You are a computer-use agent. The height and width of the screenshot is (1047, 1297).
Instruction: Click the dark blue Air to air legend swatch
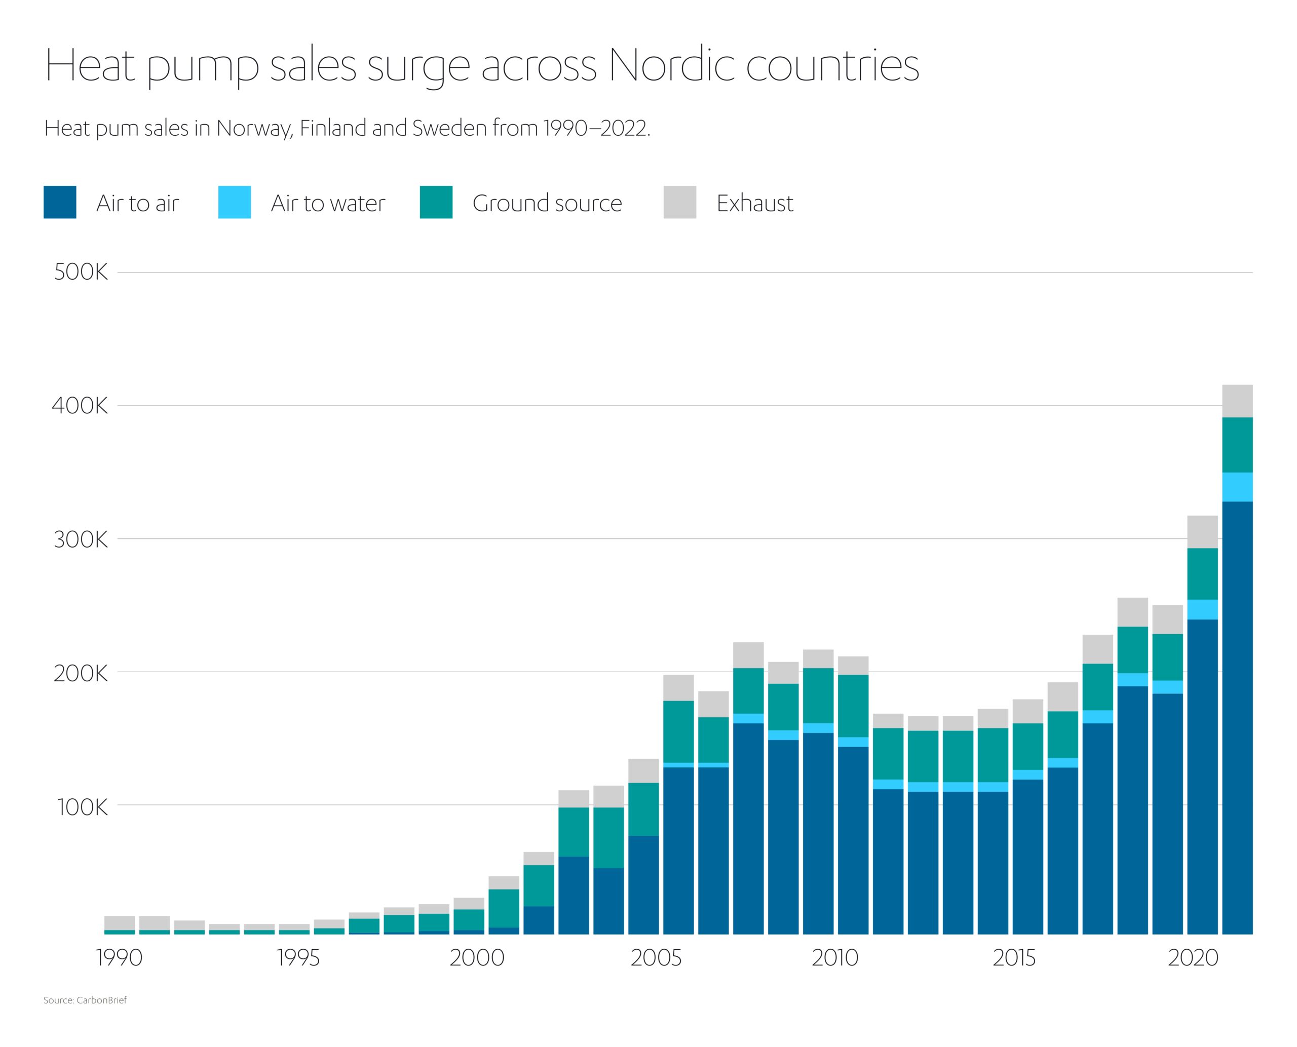click(x=60, y=202)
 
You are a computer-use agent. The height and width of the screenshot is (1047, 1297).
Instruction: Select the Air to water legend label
click(x=328, y=203)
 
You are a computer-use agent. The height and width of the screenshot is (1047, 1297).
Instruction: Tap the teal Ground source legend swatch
click(x=436, y=202)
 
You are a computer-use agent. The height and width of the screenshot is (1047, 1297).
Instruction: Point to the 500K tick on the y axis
click(x=81, y=273)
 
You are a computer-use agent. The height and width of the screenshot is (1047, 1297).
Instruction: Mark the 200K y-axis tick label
click(x=81, y=673)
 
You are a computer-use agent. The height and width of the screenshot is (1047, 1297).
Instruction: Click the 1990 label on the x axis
click(x=120, y=958)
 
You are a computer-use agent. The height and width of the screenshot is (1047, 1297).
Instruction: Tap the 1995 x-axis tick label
click(x=298, y=958)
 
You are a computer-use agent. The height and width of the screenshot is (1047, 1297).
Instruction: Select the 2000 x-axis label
click(x=477, y=958)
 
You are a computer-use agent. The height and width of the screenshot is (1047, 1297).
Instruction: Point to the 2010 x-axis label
click(x=835, y=958)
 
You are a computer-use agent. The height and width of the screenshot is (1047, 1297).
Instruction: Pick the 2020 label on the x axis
click(x=1193, y=958)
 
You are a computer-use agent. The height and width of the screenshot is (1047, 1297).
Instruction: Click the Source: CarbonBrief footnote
click(x=85, y=1000)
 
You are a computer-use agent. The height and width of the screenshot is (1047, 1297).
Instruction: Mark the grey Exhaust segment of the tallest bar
click(x=1237, y=401)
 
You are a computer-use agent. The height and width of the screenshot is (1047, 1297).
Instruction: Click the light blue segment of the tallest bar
click(x=1237, y=487)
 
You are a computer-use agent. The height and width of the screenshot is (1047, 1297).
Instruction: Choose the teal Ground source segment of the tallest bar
click(x=1237, y=445)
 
